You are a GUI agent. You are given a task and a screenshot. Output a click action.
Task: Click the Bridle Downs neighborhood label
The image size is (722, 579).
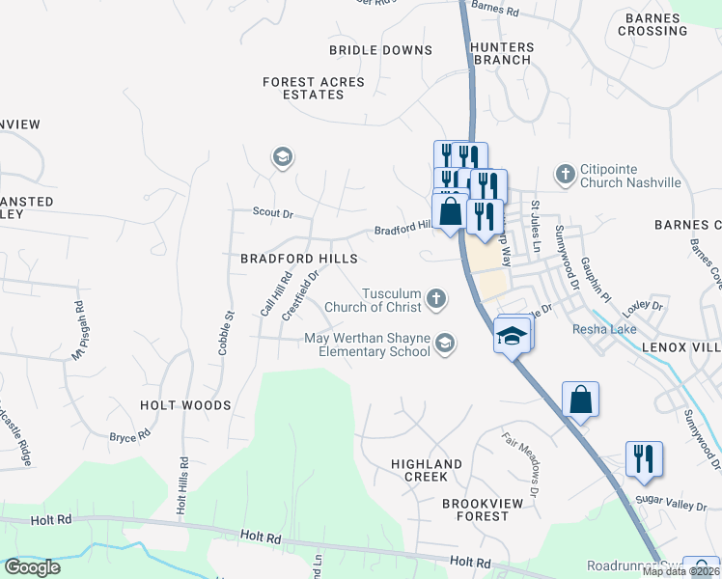pos(380,50)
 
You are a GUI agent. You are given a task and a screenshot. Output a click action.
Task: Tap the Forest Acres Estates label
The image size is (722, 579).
pos(314,89)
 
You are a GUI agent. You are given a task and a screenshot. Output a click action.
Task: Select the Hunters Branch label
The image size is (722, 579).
pos(501,53)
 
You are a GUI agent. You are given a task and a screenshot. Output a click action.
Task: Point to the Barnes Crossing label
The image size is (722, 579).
pos(655,24)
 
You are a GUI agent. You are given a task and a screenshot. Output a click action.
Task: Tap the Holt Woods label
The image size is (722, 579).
pos(185,405)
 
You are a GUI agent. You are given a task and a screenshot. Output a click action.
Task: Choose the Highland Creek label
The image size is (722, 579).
pos(426,470)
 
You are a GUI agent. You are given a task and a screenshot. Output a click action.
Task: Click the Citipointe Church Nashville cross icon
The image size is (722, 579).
pos(565,175)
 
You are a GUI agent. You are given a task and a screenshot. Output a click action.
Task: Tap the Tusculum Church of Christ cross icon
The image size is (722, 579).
pos(436,298)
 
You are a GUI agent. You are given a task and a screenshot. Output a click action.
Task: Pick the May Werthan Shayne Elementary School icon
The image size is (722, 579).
pos(444,342)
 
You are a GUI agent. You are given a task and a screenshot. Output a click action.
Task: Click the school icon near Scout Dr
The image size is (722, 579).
pos(282,157)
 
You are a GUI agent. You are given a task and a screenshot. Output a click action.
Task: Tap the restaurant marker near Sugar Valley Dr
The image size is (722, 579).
pos(644,458)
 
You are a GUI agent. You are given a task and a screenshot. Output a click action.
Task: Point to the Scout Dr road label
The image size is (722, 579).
pos(272,212)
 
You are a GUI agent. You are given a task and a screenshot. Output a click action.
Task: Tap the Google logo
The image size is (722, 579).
pos(32,567)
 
